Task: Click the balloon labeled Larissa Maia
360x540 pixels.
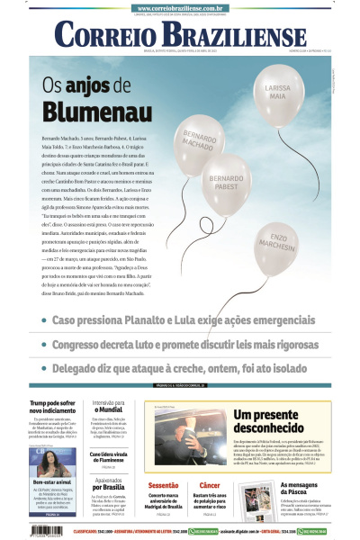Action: click(x=278, y=94)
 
